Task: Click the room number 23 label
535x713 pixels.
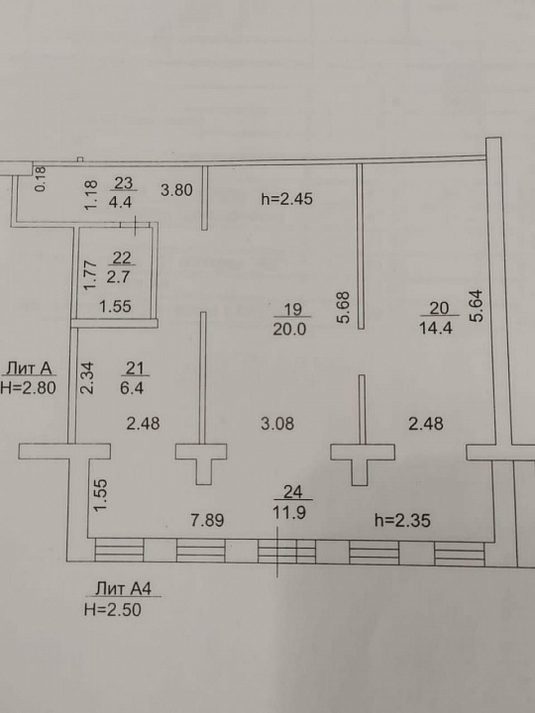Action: [x=123, y=183]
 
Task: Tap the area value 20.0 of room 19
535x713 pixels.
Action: [x=289, y=329]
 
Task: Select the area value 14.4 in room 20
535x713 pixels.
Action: [x=436, y=328]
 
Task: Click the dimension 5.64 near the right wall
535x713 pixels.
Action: [x=476, y=306]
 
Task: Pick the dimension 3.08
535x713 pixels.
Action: [x=277, y=424]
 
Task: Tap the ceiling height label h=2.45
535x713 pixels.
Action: [x=287, y=199]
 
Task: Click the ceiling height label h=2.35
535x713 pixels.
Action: [x=402, y=520]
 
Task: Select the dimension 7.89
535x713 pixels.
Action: [x=207, y=520]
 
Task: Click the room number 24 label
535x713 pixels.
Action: [x=292, y=491]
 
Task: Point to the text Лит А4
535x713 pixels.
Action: [x=123, y=589]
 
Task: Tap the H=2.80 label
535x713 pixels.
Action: [x=28, y=387]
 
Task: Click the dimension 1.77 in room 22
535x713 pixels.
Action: [x=91, y=274]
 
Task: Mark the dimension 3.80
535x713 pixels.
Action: [x=176, y=189]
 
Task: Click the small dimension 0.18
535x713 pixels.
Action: [x=41, y=178]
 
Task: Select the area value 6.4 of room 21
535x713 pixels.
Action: [x=133, y=388]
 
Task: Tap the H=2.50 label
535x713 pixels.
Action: [x=113, y=609]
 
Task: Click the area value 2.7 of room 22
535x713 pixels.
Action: [x=119, y=277]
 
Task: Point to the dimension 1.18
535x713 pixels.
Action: [x=91, y=195]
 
